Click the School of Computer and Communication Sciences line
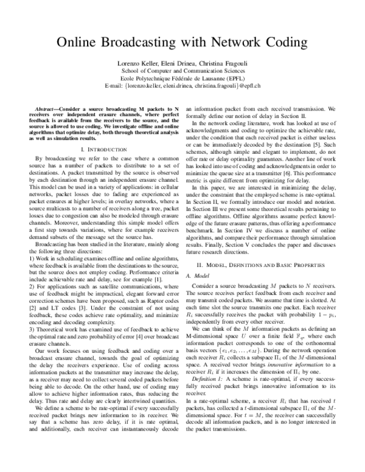pos(182,71)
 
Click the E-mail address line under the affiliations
pos(182,86)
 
